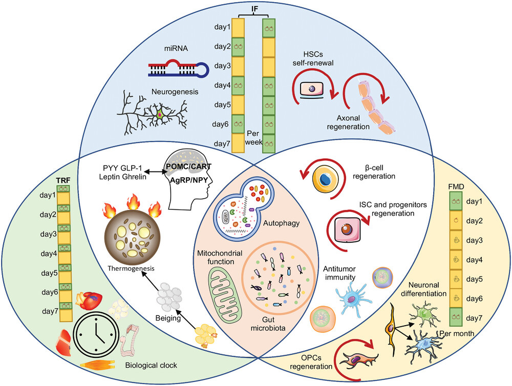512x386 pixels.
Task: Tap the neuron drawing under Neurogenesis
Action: tap(153, 113)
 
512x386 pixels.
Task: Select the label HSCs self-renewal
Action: tap(313, 58)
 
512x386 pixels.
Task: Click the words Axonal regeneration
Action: tap(348, 122)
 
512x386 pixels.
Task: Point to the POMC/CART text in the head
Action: tap(189, 166)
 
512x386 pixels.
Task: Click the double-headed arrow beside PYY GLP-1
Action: tap(156, 171)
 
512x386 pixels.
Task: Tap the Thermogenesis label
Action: tap(131, 268)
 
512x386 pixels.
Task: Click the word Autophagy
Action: tap(281, 223)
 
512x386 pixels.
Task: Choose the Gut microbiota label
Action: tap(268, 324)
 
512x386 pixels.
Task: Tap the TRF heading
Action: tap(63, 180)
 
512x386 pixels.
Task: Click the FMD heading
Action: tap(457, 187)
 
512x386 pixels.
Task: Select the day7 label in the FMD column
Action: tap(474, 318)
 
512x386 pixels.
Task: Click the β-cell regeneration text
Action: tap(374, 172)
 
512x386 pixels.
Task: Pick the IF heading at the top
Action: tap(254, 9)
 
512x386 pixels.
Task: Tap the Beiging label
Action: tap(168, 318)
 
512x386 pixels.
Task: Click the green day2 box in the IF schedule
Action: tap(238, 47)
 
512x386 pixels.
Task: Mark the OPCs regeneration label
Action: tap(311, 362)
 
